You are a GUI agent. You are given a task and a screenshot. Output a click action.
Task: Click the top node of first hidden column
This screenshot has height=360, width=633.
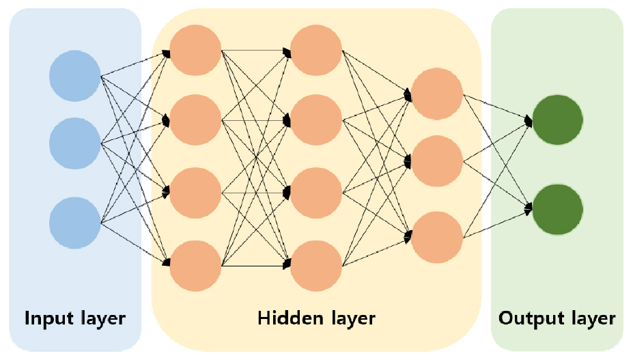(196, 50)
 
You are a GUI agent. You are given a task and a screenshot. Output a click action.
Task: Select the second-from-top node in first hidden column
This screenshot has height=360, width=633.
(196, 121)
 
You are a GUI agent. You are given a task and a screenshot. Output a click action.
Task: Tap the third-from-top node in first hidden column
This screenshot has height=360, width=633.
(196, 193)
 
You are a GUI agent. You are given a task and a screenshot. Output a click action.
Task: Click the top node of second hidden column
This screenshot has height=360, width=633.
(316, 50)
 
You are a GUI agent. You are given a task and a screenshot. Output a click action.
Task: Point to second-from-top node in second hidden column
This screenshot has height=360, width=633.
(316, 121)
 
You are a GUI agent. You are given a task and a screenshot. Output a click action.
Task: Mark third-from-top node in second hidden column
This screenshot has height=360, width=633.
(316, 193)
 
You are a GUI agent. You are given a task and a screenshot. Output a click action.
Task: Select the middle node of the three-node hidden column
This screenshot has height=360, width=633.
(438, 161)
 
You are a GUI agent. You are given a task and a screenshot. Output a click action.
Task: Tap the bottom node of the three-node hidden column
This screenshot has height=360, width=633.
(438, 237)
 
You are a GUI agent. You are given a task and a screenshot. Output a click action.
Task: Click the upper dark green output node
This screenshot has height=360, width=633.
(557, 120)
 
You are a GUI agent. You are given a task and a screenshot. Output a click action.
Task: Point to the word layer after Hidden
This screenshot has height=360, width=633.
(348, 318)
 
